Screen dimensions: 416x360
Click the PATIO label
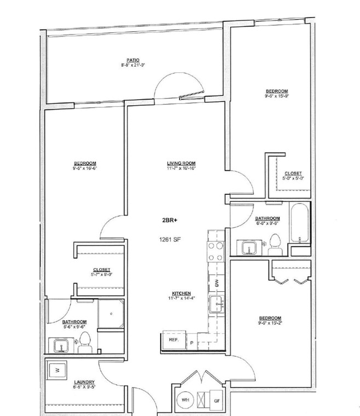(x=133, y=60)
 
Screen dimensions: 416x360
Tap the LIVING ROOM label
(x=181, y=164)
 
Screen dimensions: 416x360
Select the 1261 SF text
(x=170, y=239)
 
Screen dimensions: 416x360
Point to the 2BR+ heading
(x=170, y=220)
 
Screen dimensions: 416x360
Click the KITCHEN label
(x=181, y=293)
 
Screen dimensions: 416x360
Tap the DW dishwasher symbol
(x=217, y=283)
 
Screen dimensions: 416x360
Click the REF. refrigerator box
(x=174, y=339)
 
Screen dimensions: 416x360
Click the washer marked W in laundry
(x=57, y=370)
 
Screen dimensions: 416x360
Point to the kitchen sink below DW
(x=216, y=303)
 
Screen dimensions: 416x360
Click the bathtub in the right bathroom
(x=301, y=224)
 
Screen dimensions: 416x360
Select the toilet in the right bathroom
(x=275, y=245)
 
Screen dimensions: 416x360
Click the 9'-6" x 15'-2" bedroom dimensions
(x=270, y=323)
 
